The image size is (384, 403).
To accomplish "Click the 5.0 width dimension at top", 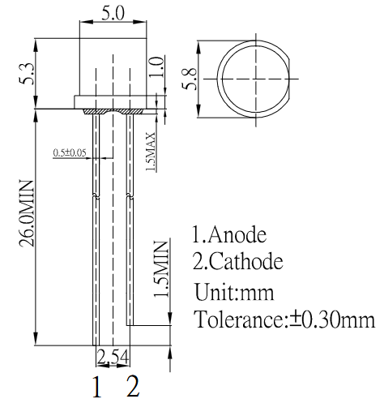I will [112, 14].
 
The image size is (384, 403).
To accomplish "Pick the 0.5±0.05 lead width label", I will [70, 152].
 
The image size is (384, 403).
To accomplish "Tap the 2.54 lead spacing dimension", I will [113, 358].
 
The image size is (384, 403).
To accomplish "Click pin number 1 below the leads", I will [96, 386].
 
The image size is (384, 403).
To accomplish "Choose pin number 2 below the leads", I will [132, 386].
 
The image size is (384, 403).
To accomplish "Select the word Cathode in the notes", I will [247, 262].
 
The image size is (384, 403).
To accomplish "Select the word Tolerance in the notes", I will [241, 319].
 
